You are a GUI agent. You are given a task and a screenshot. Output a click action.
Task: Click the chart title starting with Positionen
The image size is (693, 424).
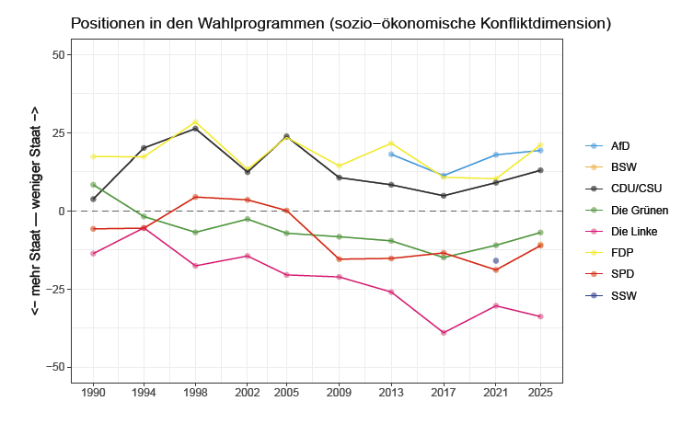[x=341, y=22]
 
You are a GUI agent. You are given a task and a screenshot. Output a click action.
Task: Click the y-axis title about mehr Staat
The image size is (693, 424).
[x=35, y=211]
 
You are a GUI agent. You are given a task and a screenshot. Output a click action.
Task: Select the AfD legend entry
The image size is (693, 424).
[x=621, y=146]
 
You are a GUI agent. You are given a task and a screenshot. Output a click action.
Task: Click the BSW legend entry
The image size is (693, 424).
[x=623, y=167]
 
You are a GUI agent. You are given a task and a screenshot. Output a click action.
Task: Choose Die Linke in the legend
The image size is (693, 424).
[x=630, y=232]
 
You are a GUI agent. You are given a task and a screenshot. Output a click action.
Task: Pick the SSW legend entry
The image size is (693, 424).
[x=623, y=295]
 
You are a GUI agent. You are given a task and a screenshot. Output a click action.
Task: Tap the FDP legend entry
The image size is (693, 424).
[x=622, y=253]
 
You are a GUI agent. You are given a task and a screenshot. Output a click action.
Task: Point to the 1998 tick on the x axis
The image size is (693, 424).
[x=195, y=392]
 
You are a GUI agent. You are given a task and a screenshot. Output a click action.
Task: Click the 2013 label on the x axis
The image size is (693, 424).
[x=391, y=392]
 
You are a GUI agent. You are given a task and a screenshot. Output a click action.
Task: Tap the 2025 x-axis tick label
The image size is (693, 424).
[x=540, y=392]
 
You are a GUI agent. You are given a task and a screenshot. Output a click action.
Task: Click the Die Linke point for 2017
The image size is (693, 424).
[x=444, y=333]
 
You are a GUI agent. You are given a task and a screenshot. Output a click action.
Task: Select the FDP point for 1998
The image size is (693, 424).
[x=195, y=121]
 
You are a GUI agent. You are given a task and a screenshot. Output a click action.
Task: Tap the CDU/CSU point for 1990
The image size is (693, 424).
[x=93, y=199]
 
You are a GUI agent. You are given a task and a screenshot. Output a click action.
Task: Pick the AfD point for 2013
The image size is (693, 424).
[x=391, y=155]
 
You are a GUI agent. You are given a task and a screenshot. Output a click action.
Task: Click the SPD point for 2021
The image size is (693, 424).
[x=496, y=269]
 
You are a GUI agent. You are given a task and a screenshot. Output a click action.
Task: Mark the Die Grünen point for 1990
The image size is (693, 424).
[x=93, y=185]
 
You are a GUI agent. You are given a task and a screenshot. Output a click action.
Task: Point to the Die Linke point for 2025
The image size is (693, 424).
[x=540, y=316]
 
